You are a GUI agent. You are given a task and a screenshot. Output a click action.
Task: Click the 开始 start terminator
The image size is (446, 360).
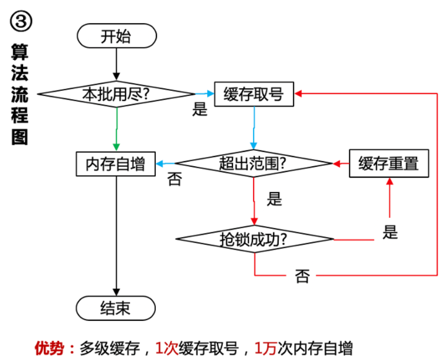coord(116,37)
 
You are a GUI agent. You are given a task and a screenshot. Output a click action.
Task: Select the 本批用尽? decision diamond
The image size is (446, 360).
coord(116,94)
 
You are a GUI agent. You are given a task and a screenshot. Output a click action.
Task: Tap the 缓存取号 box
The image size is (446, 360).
coord(253,94)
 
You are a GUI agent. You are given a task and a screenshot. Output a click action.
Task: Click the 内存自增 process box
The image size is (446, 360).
coord(116,164)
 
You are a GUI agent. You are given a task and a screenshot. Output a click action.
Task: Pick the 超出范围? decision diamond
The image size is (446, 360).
coord(253,164)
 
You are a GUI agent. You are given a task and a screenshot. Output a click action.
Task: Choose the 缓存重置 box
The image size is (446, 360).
coord(388,164)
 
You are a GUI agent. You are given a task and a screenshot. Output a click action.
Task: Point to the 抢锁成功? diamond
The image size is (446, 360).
coord(254,239)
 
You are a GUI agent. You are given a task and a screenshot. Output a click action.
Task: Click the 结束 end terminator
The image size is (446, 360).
coord(116,308)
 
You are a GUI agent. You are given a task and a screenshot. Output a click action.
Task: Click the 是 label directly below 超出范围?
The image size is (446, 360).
coord(274,199)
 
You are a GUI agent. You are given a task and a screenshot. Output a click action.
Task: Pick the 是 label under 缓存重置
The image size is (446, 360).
coord(390,231)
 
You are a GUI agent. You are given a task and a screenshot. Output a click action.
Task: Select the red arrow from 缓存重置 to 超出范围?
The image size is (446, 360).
coord(340,164)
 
